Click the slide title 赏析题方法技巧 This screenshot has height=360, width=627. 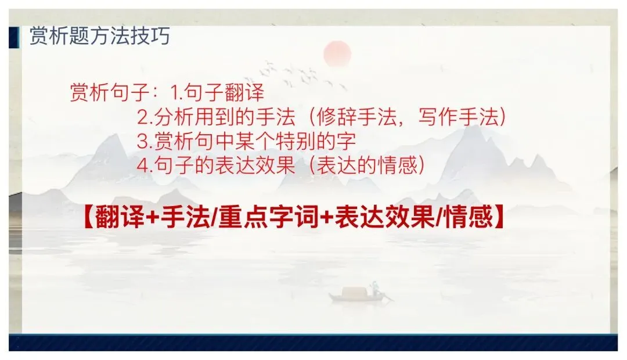click(99, 36)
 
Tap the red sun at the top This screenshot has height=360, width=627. click(338, 54)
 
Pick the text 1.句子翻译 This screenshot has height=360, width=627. click(217, 92)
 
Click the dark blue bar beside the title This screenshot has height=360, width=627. click(12, 36)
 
